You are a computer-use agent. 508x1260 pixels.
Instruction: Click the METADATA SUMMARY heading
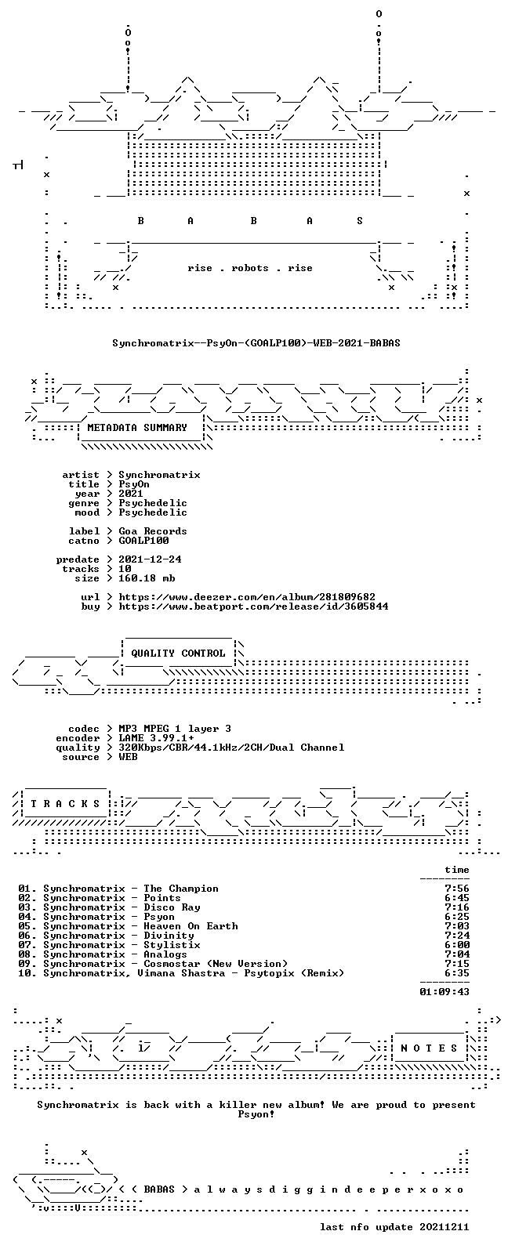136,428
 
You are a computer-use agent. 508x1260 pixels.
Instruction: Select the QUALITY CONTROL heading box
178,653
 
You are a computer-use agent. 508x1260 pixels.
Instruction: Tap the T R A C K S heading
65,803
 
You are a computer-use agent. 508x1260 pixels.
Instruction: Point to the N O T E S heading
430,1048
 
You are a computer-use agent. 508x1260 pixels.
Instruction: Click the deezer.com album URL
247,597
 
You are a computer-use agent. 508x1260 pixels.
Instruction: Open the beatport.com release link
253,606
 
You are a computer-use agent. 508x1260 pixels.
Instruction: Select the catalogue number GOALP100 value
143,541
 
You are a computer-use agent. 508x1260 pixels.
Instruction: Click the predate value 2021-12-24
150,559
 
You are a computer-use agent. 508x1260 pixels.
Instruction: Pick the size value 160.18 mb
147,578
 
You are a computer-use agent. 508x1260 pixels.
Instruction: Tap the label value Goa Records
152,531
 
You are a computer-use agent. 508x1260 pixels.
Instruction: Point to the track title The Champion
180,888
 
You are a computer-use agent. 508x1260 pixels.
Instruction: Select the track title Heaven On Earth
190,926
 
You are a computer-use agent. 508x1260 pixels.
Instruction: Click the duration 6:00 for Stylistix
457,945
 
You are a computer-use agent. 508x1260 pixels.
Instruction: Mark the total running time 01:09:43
444,992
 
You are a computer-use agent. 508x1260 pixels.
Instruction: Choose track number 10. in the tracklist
27,973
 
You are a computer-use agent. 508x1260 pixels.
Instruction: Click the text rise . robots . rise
250,268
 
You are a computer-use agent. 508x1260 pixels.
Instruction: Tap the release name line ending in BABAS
256,342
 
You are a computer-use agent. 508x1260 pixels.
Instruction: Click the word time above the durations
457,870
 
